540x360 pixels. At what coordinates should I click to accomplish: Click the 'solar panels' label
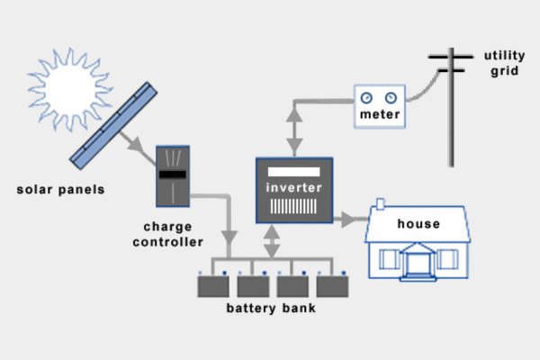(x=60, y=190)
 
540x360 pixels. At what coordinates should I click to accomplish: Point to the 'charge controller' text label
(x=168, y=233)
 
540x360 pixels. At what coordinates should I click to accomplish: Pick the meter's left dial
(x=366, y=97)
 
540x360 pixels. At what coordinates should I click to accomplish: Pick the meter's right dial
(x=391, y=97)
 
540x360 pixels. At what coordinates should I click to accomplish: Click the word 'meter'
(x=379, y=115)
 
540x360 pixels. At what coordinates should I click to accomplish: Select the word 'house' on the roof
(x=418, y=223)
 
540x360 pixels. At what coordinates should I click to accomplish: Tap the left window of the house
(x=389, y=259)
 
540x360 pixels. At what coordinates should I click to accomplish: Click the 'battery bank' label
(x=271, y=310)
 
